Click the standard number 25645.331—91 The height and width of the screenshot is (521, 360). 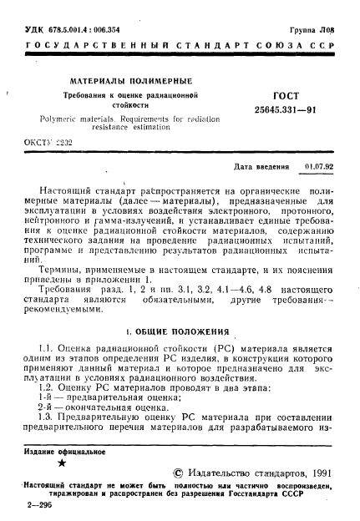[276, 114]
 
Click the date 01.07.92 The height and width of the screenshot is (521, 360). [320, 165]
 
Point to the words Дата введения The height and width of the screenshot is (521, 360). [266, 165]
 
